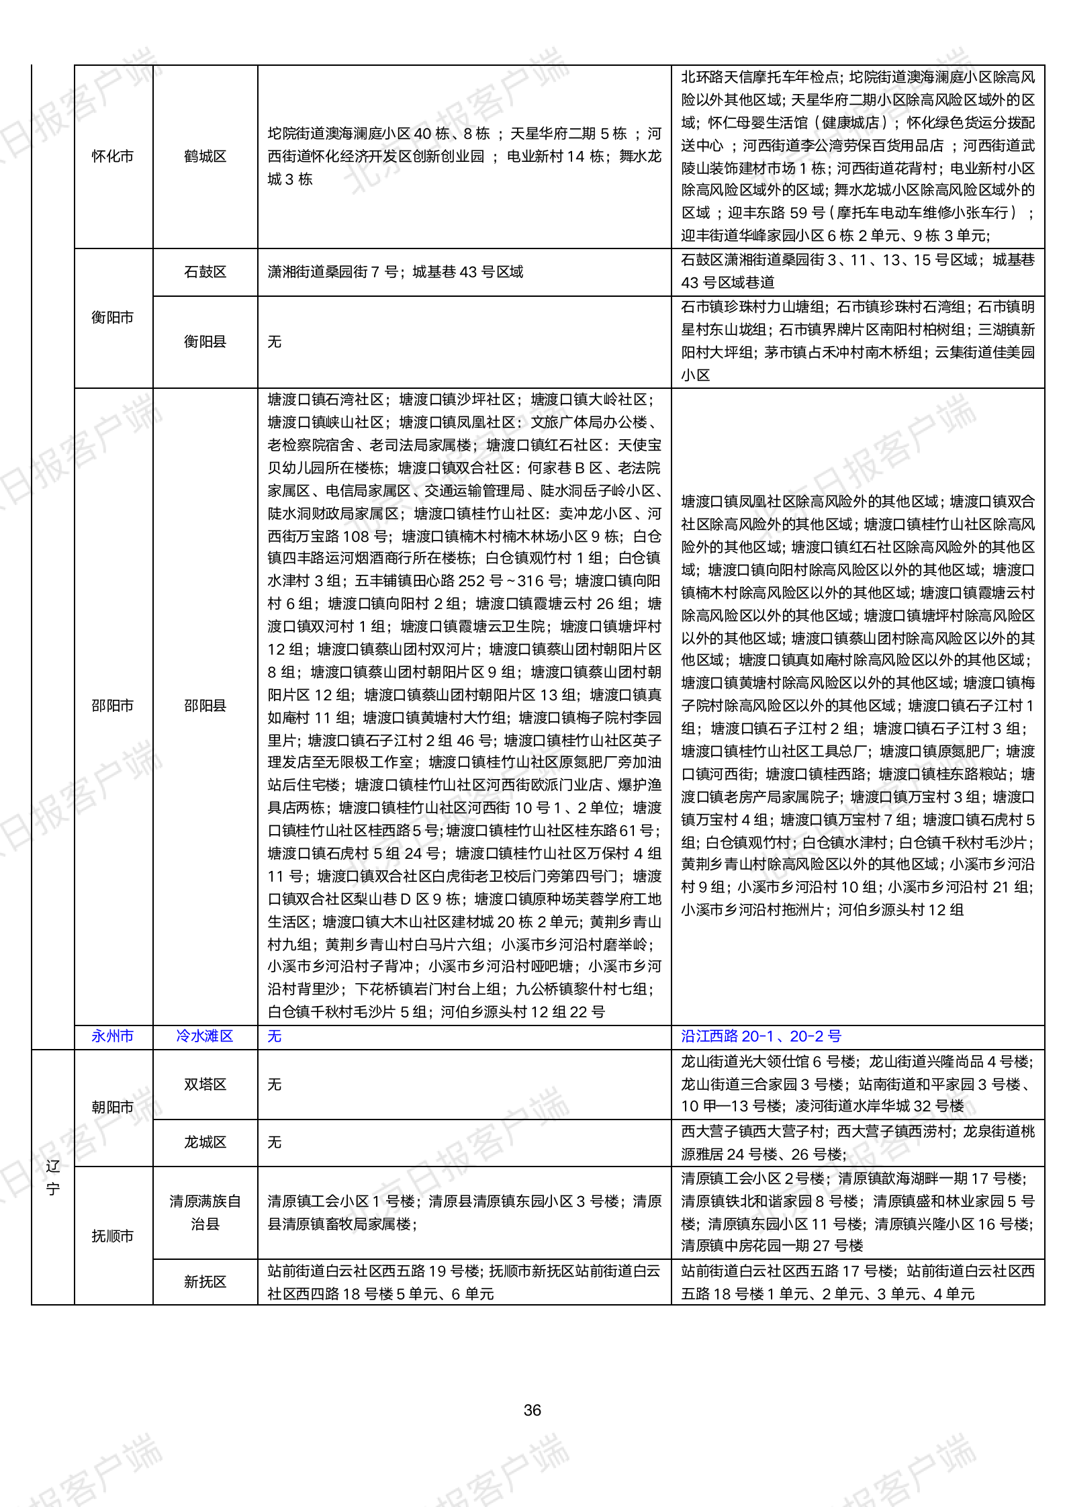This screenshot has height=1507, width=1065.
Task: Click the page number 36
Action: pyautogui.click(x=532, y=1410)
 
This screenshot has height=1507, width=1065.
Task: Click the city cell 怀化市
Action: pyautogui.click(x=113, y=156)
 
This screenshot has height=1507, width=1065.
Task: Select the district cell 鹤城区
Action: pyautogui.click(x=205, y=156)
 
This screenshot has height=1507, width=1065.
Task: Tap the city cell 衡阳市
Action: pyautogui.click(x=113, y=318)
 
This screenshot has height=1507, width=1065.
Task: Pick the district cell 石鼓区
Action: pyautogui.click(x=205, y=272)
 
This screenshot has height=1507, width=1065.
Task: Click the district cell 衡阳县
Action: pyautogui.click(x=205, y=342)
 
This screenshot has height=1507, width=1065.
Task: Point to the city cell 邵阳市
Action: pyautogui.click(x=113, y=706)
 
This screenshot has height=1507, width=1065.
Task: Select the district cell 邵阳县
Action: pyautogui.click(x=205, y=706)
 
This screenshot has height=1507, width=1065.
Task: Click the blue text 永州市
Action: pyautogui.click(x=113, y=1036)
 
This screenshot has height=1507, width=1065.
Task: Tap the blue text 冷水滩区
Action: pyautogui.click(x=205, y=1036)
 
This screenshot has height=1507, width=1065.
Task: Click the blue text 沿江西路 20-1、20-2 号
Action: pyautogui.click(x=761, y=1036)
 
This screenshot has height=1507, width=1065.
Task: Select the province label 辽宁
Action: pyautogui.click(x=53, y=1177)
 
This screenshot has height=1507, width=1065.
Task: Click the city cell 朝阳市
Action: pyautogui.click(x=113, y=1107)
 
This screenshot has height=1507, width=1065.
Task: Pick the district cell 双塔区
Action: pyautogui.click(x=205, y=1085)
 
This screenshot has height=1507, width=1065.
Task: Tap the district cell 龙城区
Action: pyautogui.click(x=205, y=1142)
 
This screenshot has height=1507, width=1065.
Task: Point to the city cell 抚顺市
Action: pyautogui.click(x=113, y=1236)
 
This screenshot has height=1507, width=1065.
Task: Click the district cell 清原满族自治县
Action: pyautogui.click(x=205, y=1212)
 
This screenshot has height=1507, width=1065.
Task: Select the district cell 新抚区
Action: pyautogui.click(x=205, y=1282)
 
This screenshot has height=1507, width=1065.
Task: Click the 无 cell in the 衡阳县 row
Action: pyautogui.click(x=275, y=342)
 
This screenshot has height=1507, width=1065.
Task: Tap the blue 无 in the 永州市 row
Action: pyautogui.click(x=275, y=1036)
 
